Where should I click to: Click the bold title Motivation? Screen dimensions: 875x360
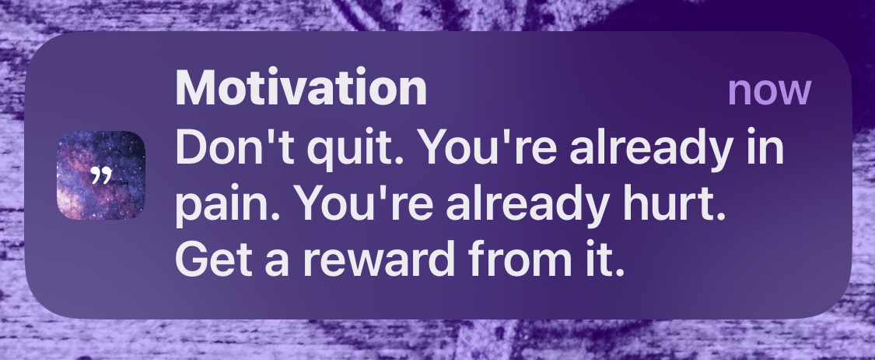[301, 88]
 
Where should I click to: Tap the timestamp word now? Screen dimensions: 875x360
[769, 90]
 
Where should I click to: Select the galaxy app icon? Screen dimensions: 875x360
[101, 175]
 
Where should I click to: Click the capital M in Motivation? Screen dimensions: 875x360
[194, 88]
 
